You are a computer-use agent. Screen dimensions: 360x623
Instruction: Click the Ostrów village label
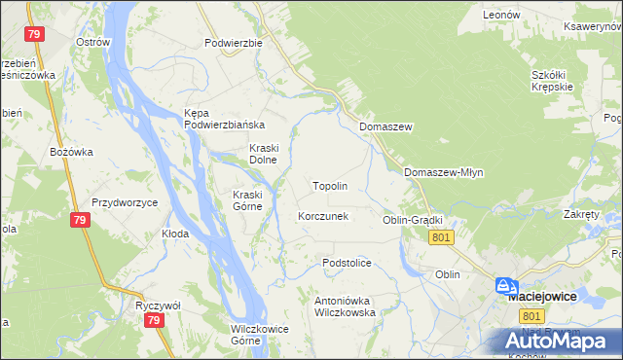coord(94,43)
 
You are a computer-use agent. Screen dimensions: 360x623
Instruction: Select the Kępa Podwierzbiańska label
coord(225,119)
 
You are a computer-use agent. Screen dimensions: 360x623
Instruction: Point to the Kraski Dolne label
coord(264,154)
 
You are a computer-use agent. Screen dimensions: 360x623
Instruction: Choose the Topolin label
coord(329,185)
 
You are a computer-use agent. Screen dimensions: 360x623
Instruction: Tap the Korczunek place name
coord(322,216)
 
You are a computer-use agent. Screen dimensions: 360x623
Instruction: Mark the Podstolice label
coord(348,263)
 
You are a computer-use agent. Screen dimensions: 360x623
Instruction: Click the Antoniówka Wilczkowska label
coord(345,306)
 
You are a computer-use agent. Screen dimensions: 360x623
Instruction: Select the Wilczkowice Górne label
coord(259,334)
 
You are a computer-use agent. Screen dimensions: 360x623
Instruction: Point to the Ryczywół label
coord(155,305)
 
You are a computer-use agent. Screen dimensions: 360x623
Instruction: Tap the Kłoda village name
coord(175,234)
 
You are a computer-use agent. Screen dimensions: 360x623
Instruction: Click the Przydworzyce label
coord(125,202)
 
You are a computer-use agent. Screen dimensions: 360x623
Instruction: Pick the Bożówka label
coord(71,152)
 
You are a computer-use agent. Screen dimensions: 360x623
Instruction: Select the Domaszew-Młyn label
coord(443,172)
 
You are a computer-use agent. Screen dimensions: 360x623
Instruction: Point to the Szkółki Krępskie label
coord(556,81)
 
